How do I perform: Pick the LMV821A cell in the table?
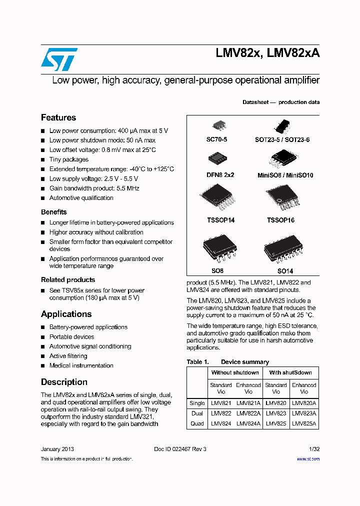point(248,403)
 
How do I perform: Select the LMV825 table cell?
point(276,423)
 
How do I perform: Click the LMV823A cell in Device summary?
point(304,413)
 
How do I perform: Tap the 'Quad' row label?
point(197,423)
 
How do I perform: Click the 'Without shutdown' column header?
point(235,372)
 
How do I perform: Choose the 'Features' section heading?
point(58,117)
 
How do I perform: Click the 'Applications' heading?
point(66,314)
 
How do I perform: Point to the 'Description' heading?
point(64,382)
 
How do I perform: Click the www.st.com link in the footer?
point(308,459)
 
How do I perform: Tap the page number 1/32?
point(314,449)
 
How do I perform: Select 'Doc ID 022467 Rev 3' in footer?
point(180,449)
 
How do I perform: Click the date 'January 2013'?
point(57,449)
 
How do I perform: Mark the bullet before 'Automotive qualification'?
point(43,198)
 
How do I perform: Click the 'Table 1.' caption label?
point(197,362)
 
